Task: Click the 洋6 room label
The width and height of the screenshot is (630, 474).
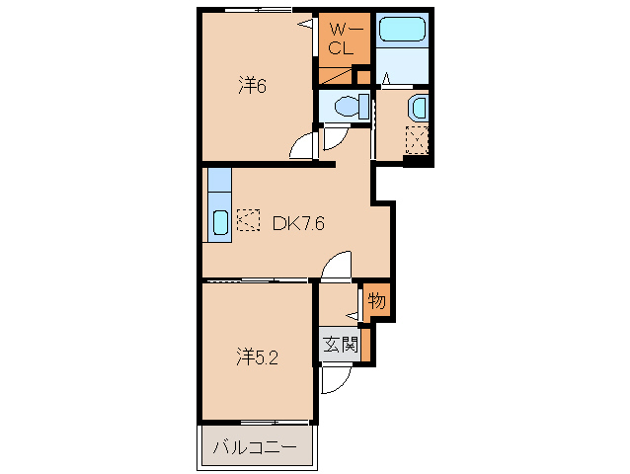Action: click(253, 85)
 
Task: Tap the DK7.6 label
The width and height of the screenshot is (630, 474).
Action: click(298, 223)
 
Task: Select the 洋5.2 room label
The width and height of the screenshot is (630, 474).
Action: click(257, 357)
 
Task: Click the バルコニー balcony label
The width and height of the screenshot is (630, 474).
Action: click(255, 446)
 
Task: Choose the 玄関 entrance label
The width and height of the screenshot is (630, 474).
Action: click(341, 344)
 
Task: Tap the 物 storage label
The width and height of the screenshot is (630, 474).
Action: click(377, 300)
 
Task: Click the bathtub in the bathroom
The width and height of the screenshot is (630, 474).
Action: click(402, 30)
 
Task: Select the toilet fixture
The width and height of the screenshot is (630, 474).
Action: click(352, 106)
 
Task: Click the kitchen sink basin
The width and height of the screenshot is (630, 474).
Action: click(220, 222)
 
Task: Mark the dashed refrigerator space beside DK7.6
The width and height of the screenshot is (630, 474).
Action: click(248, 220)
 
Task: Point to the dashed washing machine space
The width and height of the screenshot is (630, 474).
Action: click(417, 140)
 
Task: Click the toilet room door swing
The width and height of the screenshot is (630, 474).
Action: click(335, 139)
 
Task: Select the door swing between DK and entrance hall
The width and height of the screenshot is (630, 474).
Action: click(337, 265)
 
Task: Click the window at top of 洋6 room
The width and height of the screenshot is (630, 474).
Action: click(258, 10)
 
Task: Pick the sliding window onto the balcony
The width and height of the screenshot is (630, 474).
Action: click(274, 423)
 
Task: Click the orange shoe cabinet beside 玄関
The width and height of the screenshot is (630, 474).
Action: click(365, 345)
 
